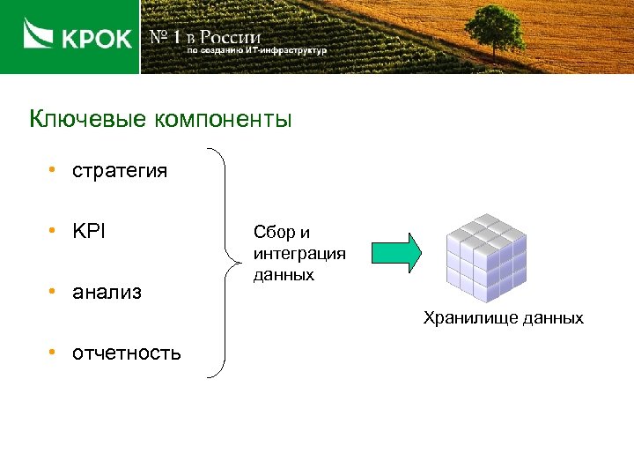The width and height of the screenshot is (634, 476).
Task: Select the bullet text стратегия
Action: [120, 170]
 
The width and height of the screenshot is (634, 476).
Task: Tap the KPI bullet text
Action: [88, 231]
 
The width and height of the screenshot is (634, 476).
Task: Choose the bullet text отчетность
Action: [127, 353]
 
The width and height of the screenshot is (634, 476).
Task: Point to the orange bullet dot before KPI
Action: [54, 230]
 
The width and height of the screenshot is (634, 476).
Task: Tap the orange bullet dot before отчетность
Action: [54, 353]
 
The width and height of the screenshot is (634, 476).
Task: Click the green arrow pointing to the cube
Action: [396, 253]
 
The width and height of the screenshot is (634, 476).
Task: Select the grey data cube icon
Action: [486, 256]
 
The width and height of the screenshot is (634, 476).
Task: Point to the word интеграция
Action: [299, 254]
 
